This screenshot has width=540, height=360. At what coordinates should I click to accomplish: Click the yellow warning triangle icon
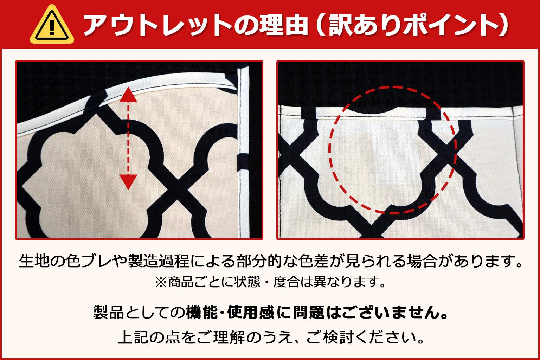[52, 25]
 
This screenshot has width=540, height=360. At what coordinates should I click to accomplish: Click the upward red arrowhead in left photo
[128, 95]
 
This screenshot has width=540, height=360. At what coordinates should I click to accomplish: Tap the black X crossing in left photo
[178, 187]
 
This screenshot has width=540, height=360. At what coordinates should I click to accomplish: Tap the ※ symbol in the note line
[161, 282]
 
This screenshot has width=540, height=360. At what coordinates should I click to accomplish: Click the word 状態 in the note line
[247, 282]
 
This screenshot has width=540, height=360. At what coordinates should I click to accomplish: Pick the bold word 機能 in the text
[202, 312]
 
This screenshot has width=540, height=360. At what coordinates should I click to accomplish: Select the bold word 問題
[309, 312]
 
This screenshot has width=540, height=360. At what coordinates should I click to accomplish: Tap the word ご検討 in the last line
[330, 337]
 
